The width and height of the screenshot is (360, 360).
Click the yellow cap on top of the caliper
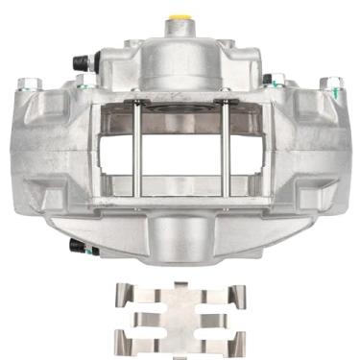(179, 18)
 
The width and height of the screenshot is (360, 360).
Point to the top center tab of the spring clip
(180, 289)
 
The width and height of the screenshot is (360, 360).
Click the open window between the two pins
(180, 154)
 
